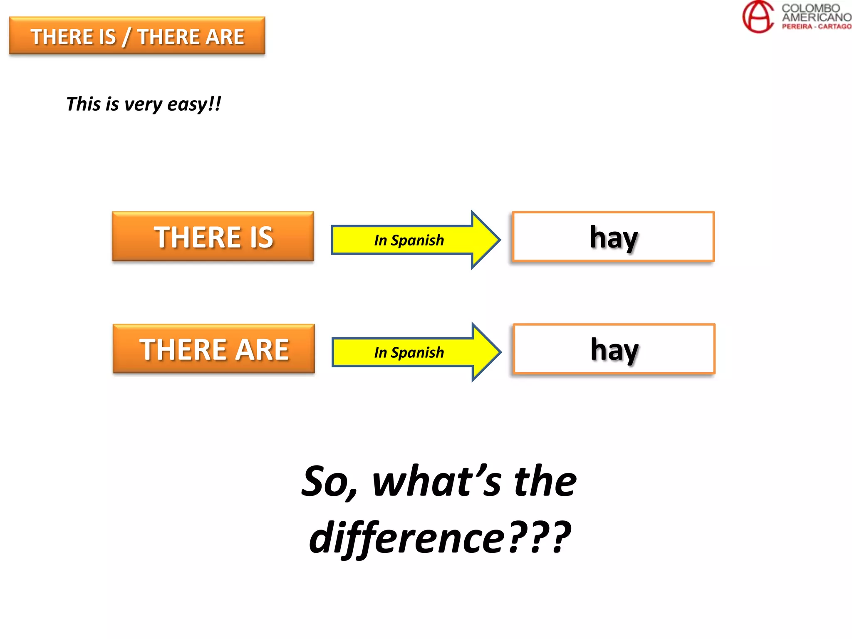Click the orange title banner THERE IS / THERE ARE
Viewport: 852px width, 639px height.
click(x=137, y=36)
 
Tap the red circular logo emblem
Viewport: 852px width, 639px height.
click(x=758, y=17)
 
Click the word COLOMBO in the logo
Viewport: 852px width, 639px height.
click(x=810, y=8)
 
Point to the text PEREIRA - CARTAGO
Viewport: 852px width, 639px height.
click(x=816, y=27)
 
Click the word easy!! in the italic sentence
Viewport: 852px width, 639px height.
click(x=194, y=104)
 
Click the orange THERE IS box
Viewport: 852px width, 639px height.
click(x=213, y=237)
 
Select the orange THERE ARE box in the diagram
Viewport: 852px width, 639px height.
click(x=214, y=349)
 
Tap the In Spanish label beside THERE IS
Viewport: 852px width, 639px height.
click(x=409, y=240)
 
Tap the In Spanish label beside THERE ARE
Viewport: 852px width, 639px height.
click(x=409, y=352)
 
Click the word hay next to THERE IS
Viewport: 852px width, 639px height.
click(x=614, y=238)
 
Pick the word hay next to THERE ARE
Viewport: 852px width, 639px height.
click(x=614, y=350)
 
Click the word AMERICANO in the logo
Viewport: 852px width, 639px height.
click(x=816, y=17)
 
